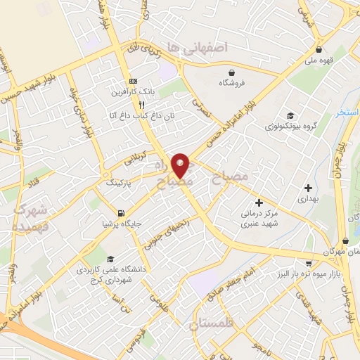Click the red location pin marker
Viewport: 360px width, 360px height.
point(181,164)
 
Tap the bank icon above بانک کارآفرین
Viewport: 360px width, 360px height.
point(133,80)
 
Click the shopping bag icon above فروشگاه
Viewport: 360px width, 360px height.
point(231,72)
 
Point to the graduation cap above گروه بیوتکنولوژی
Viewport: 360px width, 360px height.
point(290,116)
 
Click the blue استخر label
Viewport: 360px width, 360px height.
point(347,112)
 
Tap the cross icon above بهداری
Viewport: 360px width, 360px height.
point(307,188)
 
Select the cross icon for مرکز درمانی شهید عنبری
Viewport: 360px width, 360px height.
point(259,202)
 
